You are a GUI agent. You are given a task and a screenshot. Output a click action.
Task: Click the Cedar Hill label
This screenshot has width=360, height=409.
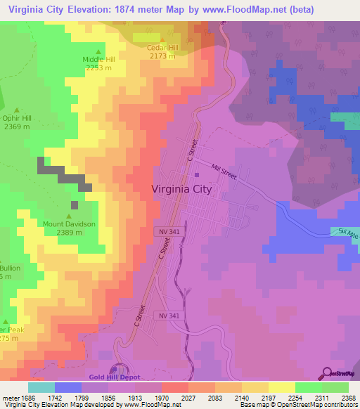tap(161, 48)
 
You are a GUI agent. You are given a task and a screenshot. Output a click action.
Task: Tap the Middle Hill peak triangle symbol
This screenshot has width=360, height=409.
tap(98, 52)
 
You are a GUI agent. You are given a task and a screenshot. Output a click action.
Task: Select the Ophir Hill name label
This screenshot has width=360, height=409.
tap(17, 119)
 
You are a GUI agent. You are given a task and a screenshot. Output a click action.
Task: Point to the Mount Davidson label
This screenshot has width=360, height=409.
tap(68, 224)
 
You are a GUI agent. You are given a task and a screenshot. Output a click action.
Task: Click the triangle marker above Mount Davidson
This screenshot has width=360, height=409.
tap(69, 216)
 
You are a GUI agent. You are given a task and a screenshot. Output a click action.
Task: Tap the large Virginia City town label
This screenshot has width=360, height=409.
tap(181, 188)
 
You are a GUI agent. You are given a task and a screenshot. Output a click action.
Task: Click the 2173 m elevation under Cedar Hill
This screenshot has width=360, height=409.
tap(161, 56)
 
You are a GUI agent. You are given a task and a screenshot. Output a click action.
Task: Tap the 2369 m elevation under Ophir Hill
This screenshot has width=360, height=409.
tap(17, 126)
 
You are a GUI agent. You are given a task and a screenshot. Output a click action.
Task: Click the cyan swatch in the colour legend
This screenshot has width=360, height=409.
tap(41, 387)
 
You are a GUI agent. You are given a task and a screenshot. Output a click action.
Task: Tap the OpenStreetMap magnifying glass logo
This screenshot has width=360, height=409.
tap(327, 372)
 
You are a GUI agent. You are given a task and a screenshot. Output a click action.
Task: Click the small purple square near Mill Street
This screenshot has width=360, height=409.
tap(197, 175)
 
